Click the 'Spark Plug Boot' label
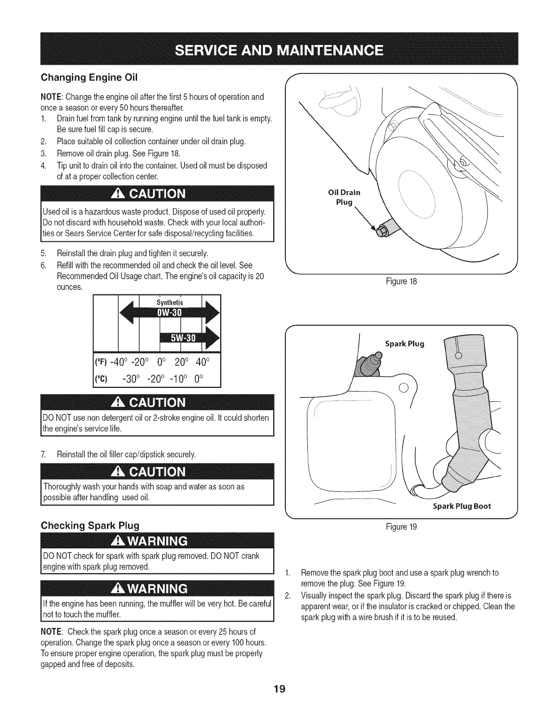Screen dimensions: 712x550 click(x=461, y=506)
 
